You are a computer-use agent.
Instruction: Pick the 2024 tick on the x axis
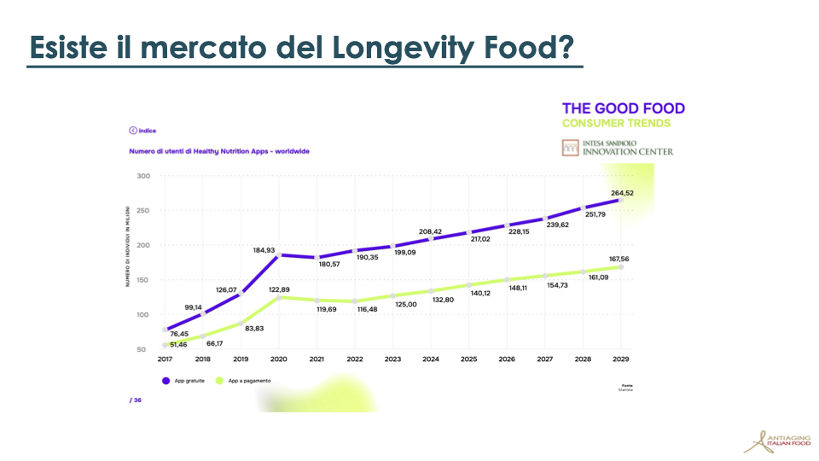430,359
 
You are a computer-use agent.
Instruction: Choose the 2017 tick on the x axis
164,359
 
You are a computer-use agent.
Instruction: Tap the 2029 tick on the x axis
620,359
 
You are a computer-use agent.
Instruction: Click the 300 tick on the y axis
142,177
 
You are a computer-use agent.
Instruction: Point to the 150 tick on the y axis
142,280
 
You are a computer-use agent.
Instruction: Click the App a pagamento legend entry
247,381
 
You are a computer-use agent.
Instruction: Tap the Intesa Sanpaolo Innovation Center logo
618,147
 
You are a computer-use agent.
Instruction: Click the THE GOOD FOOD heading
623,108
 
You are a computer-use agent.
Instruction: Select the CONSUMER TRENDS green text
616,123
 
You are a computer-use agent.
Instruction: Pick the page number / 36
135,400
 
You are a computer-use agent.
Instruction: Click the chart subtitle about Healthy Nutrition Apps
218,151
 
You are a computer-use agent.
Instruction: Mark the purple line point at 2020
278,255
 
